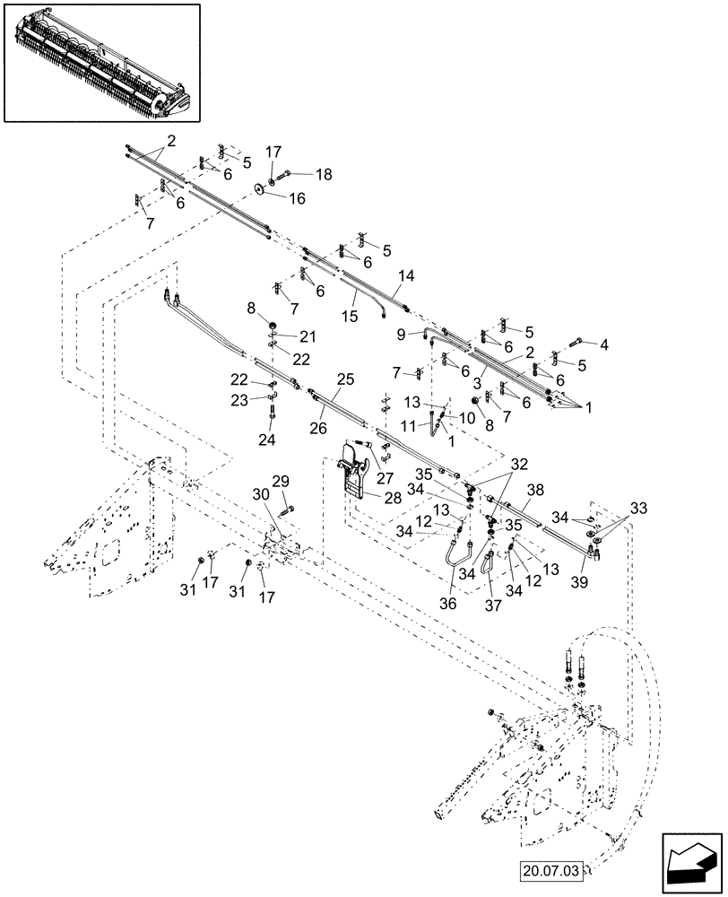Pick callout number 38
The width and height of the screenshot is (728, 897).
535,491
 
